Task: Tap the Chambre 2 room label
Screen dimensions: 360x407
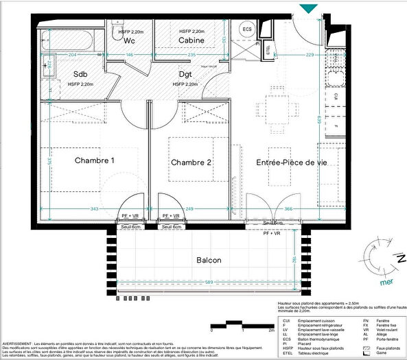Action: click(x=191, y=163)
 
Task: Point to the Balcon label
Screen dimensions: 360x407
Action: click(x=208, y=261)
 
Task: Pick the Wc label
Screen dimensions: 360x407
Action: click(x=129, y=40)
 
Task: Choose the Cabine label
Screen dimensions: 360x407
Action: click(x=193, y=40)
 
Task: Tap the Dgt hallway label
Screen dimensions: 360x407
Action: click(x=187, y=74)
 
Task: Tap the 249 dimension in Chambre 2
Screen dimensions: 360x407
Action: click(x=189, y=208)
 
